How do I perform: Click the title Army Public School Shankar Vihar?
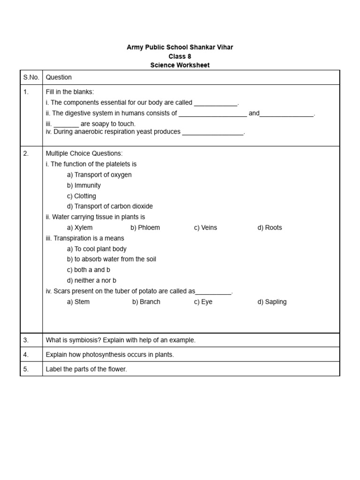180,47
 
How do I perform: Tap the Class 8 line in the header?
180,56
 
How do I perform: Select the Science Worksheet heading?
180,65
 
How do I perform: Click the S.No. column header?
31,77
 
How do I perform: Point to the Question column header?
59,77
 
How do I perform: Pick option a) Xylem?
80,228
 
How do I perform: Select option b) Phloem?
145,228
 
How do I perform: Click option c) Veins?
205,228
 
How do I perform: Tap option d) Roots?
270,228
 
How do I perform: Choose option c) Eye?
203,302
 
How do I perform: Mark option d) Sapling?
272,302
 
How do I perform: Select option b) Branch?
146,302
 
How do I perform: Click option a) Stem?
78,302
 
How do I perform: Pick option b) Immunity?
84,185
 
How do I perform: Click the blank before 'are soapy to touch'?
66,124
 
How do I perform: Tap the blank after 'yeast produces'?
213,132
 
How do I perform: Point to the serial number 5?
26,369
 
